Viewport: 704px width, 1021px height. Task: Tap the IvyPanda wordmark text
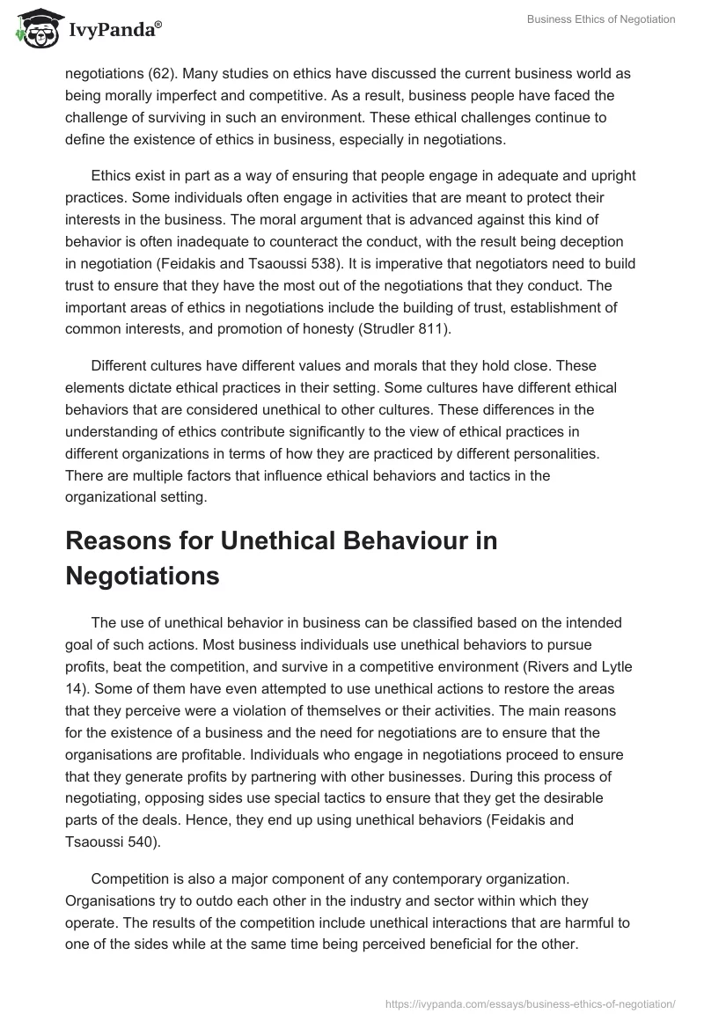coord(114,31)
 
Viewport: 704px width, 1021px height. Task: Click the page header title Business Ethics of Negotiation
coord(601,19)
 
